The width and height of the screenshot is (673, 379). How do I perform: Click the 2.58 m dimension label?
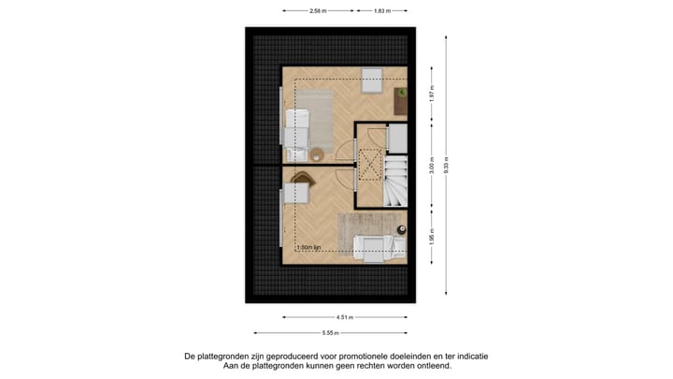(x=318, y=11)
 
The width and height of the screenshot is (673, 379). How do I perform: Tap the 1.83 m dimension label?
(x=381, y=11)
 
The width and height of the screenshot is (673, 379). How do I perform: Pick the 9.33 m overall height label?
(x=447, y=165)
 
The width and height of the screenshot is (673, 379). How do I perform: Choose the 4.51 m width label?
(x=345, y=316)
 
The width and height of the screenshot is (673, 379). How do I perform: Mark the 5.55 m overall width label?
(x=331, y=332)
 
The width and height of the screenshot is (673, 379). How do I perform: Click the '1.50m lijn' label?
(x=309, y=248)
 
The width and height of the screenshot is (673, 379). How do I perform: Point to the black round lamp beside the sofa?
(x=401, y=229)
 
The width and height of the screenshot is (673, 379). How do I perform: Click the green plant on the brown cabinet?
(x=400, y=92)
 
